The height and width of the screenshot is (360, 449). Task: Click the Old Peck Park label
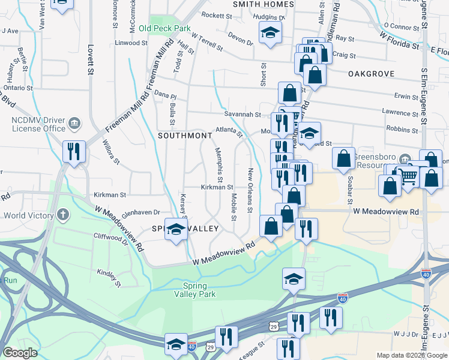point(164,28)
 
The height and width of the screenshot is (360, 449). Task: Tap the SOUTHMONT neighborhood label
point(185,136)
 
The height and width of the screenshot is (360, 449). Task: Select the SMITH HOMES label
point(264,4)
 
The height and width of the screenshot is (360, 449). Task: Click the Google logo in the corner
point(20,353)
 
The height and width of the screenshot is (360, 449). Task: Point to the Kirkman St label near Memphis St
point(217,187)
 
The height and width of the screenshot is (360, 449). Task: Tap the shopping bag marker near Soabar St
point(343,159)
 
